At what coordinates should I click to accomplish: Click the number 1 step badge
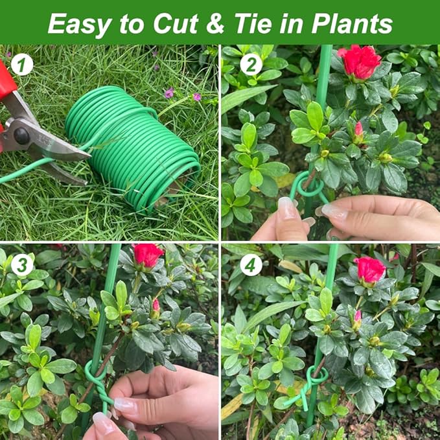[x=21, y=64]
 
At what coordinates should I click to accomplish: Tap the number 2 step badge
[x=251, y=64]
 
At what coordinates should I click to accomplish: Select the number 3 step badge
[x=21, y=264]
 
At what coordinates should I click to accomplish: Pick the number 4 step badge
[x=251, y=264]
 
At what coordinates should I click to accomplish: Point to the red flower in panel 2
[x=360, y=62]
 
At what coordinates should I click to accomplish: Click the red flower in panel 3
[x=148, y=255]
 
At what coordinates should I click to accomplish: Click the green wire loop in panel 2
[x=309, y=187]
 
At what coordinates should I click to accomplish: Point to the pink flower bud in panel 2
[x=358, y=129]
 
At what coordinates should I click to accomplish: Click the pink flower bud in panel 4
[x=358, y=317]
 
